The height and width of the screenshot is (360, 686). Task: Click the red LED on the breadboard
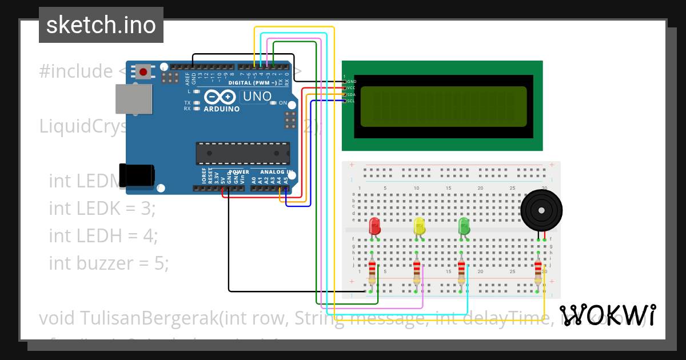point(375,226)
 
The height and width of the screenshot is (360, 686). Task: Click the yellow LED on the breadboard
point(419,226)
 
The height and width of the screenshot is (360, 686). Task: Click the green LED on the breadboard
point(464,226)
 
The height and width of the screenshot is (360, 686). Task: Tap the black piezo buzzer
point(540,210)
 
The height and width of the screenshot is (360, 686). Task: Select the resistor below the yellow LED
point(417,271)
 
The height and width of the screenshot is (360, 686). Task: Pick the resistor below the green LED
point(461,271)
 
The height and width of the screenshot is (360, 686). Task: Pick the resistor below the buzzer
point(538,271)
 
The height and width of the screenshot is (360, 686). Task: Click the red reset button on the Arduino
point(142,72)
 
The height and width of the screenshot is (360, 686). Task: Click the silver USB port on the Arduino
point(134,98)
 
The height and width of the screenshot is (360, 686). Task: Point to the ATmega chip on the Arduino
point(242,153)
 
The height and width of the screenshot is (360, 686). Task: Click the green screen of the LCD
point(443,106)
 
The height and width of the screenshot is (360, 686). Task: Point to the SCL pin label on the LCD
point(351,101)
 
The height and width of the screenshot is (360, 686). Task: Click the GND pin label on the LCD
point(352,82)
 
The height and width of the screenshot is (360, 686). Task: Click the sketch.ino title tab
point(101,25)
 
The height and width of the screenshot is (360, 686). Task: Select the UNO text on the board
point(257,97)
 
